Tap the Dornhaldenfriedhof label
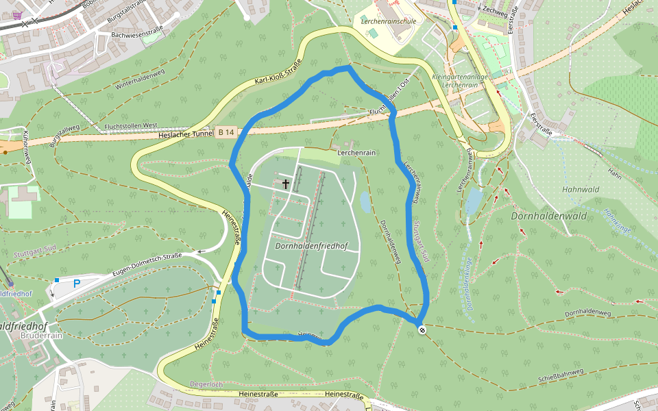coord(310,245)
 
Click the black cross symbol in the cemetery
coord(286,184)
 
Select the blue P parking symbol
coord(77,283)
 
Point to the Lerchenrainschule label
coord(388,21)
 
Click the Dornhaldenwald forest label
coord(550,216)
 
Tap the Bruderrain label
coord(42,336)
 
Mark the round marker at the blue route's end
coord(422,331)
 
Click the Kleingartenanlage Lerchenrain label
coord(460,81)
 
